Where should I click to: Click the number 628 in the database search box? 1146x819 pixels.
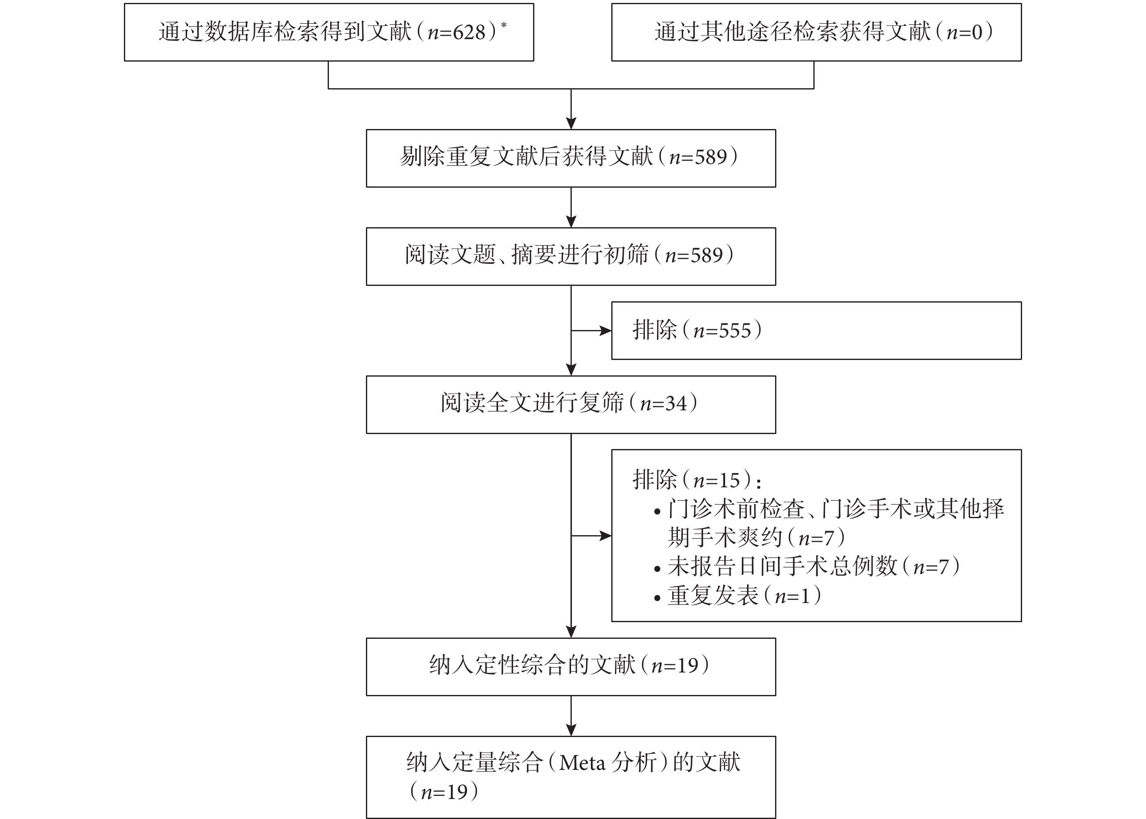469,32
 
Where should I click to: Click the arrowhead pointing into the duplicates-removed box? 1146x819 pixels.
571,123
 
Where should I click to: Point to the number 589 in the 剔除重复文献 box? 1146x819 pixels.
711,157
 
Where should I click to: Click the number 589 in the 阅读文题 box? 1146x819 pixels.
706,256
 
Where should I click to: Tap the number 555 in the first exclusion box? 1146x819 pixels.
735,331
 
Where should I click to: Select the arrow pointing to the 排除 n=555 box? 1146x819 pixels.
591,331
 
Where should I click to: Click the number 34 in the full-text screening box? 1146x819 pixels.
676,403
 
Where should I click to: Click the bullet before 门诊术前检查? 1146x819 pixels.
657,512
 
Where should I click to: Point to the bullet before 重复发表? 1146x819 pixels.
657,598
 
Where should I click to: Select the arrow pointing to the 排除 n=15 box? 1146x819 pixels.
591,536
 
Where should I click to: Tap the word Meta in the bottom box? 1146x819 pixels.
583,763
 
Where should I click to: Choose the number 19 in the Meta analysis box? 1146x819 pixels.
457,792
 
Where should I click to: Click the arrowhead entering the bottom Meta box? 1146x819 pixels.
571,730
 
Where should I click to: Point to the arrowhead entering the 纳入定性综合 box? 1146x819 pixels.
571,632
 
